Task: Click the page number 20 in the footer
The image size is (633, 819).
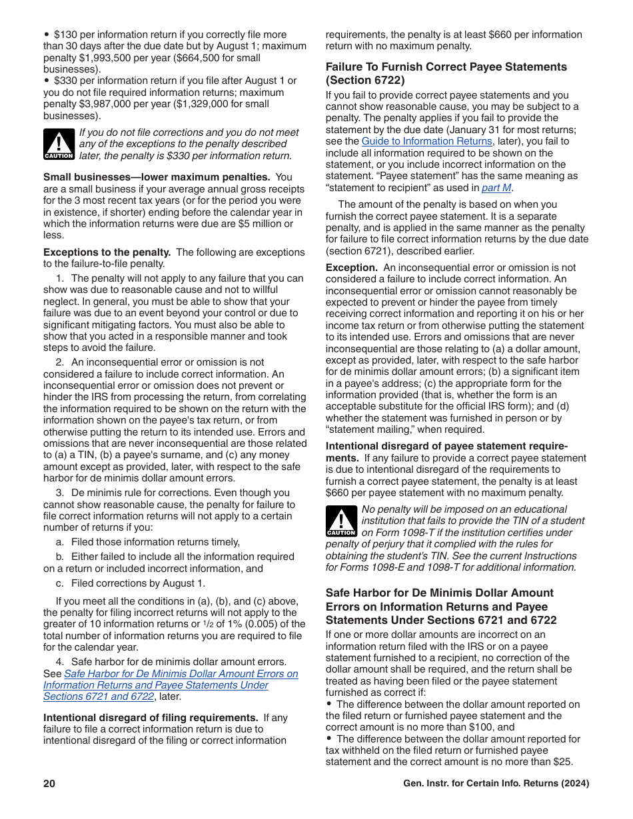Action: coord(49,784)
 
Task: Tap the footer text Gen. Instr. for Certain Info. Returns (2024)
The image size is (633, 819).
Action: coord(496,784)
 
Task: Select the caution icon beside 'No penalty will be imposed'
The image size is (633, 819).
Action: coord(341,521)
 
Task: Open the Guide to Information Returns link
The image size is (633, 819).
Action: coord(426,141)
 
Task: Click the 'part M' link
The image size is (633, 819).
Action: coord(497,188)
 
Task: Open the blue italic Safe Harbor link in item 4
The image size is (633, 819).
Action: coord(171,685)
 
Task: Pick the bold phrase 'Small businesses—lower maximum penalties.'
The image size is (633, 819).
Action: coord(157,177)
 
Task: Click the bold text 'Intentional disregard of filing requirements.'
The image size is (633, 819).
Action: coord(151,717)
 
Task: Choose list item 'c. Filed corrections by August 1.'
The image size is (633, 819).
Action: coord(131,583)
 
